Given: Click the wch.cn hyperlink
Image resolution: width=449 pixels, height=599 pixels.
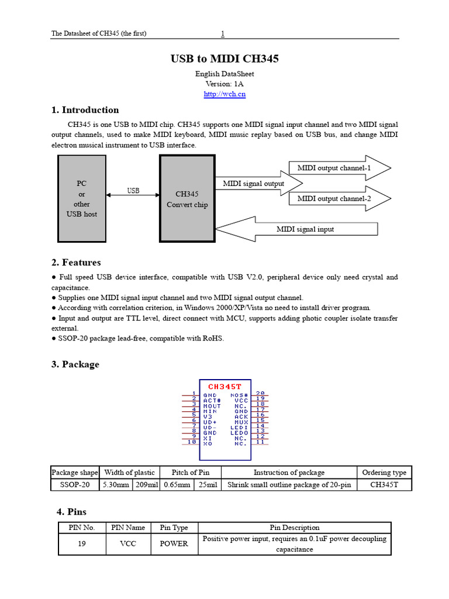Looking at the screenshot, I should (224, 94).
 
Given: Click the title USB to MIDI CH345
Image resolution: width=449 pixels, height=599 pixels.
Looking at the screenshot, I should (224, 59).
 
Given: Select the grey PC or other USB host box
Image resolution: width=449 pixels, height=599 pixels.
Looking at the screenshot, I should (81, 198).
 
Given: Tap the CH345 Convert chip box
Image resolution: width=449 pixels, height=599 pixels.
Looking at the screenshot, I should (187, 198).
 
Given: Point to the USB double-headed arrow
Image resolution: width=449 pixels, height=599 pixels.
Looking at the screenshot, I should (133, 195).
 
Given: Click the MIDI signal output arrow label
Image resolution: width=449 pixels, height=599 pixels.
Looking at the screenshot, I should (254, 184).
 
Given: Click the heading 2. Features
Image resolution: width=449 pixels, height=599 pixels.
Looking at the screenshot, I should (76, 263).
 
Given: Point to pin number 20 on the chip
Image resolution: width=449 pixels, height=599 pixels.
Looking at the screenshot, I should (260, 394).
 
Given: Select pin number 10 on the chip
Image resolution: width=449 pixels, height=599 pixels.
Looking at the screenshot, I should (192, 442).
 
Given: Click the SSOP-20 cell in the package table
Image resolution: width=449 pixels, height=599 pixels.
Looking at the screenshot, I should (75, 485).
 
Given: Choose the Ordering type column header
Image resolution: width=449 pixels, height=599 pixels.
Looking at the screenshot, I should (384, 473).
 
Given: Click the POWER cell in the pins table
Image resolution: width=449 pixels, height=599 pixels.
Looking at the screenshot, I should (174, 543).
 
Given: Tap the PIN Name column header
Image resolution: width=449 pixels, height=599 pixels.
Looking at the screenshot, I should (128, 528).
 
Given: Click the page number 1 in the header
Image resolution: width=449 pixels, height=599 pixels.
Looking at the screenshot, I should (223, 33).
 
